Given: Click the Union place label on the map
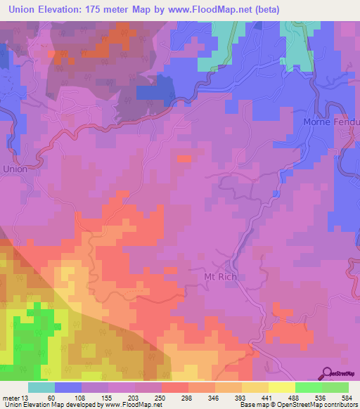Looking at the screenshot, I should coord(15,169).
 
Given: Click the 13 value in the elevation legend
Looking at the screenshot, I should coord(25,397).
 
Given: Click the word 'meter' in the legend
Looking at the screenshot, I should coord(10,397).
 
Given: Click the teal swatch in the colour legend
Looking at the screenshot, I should coord(41,387).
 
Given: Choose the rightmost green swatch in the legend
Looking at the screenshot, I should coord(335,387).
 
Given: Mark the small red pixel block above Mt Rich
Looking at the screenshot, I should coord(184,160).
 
